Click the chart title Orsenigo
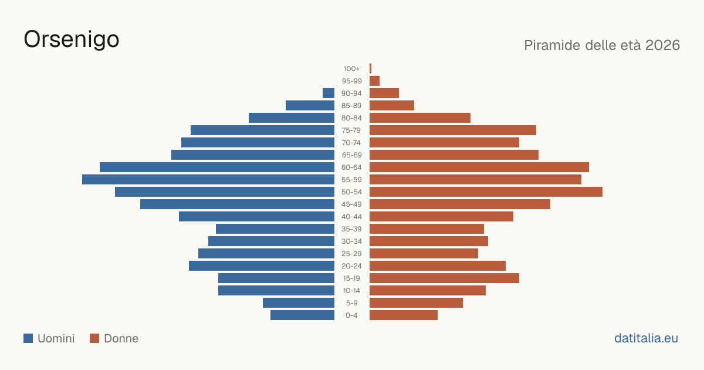(x=72, y=40)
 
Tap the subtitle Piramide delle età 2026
(x=602, y=45)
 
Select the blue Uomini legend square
(x=28, y=338)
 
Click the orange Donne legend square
(x=94, y=338)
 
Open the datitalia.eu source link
(x=646, y=338)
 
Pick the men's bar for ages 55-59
(x=208, y=179)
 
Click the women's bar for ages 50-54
(x=486, y=192)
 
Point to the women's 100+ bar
(x=371, y=69)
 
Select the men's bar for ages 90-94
(x=329, y=93)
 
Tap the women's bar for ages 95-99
(x=375, y=81)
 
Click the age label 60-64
(x=351, y=167)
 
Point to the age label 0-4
(x=351, y=315)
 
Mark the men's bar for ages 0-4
(x=302, y=315)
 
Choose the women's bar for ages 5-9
(x=416, y=303)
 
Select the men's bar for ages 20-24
(x=262, y=266)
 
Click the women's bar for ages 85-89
(x=392, y=105)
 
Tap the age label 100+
(x=351, y=69)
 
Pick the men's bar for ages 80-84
(x=292, y=118)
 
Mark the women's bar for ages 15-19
(x=445, y=278)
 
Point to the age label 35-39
(x=351, y=229)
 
